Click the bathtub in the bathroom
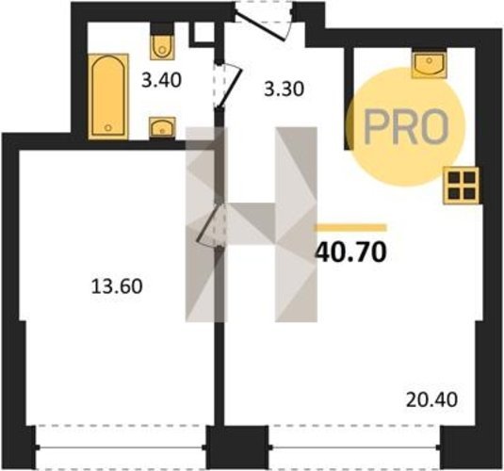pyautogui.click(x=108, y=97)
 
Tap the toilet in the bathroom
pyautogui.click(x=162, y=46)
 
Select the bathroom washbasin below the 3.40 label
pyautogui.click(x=162, y=127)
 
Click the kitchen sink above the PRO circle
pyautogui.click(x=430, y=65)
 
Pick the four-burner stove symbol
pyautogui.click(x=462, y=186)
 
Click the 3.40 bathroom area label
pyautogui.click(x=162, y=80)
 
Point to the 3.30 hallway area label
pyautogui.click(x=284, y=89)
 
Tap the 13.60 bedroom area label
pyautogui.click(x=117, y=286)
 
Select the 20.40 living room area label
pyautogui.click(x=431, y=400)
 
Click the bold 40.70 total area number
pyautogui.click(x=351, y=252)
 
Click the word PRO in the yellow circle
pyautogui.click(x=406, y=126)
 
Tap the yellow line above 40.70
pyautogui.click(x=351, y=228)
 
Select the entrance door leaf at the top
pyautogui.click(x=259, y=26)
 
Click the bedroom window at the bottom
pyautogui.click(x=121, y=447)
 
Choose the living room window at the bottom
pyautogui.click(x=355, y=447)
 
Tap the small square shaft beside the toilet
pyautogui.click(x=204, y=33)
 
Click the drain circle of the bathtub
pyautogui.click(x=108, y=128)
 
